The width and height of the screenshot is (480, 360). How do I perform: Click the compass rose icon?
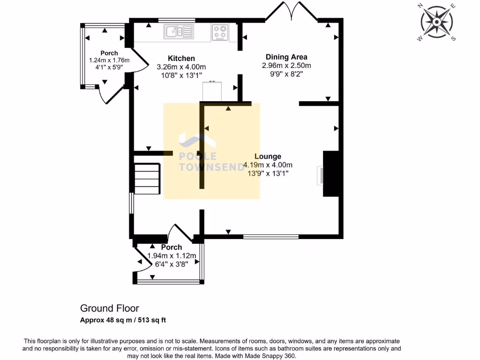437,22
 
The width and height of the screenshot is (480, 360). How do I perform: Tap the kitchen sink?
179,32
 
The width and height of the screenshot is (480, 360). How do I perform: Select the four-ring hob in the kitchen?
219,31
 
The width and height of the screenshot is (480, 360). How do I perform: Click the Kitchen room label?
181,59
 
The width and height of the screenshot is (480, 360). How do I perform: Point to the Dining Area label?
286,57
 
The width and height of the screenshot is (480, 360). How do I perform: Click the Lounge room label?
268,157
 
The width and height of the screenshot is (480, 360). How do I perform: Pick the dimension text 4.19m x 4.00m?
268,165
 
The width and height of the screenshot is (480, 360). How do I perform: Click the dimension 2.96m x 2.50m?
286,66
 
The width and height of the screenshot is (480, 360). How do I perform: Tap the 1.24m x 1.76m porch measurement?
109,60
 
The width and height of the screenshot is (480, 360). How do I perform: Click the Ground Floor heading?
109,308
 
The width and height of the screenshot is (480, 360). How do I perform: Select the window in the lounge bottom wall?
270,237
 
